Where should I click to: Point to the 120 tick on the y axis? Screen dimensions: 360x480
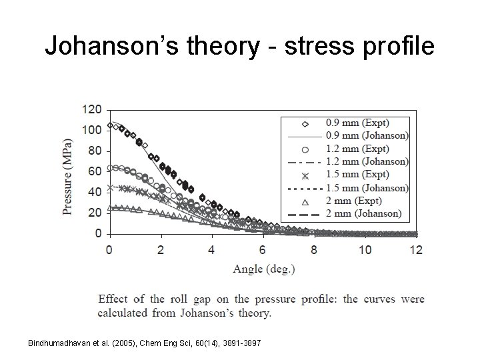point(92,109)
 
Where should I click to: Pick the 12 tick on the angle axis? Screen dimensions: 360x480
point(416,249)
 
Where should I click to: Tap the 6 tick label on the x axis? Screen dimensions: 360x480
point(263,249)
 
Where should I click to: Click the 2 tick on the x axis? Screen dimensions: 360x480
point(161,249)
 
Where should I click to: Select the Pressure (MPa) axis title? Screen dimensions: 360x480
point(67,177)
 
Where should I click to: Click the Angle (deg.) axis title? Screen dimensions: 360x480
point(263,269)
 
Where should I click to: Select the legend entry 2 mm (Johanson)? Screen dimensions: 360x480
point(363,214)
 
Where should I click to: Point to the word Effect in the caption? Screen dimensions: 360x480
point(114,299)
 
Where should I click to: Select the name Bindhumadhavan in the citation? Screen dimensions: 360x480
point(56,343)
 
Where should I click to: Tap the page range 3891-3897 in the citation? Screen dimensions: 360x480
point(241,343)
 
